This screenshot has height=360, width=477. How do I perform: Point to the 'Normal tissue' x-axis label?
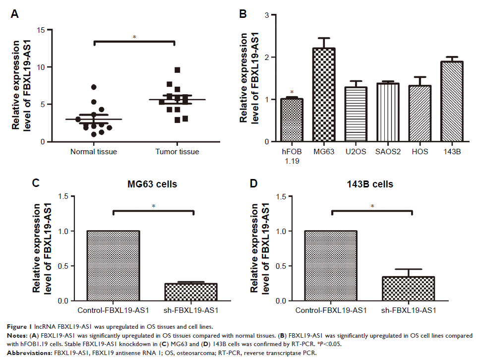click(94, 152)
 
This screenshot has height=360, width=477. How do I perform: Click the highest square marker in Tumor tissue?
click(177, 70)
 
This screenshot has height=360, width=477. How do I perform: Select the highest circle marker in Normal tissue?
click(94, 87)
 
